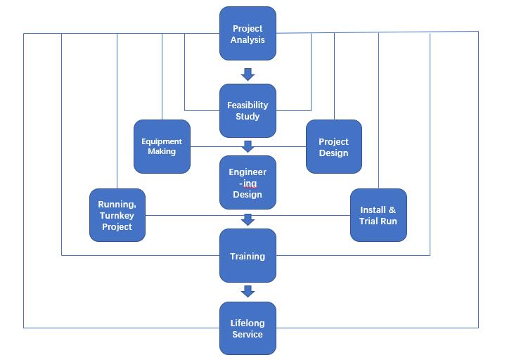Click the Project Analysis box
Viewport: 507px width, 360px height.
pyautogui.click(x=248, y=34)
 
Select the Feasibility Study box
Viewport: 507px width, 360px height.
pyautogui.click(x=248, y=111)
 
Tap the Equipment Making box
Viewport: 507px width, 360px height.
pyautogui.click(x=162, y=146)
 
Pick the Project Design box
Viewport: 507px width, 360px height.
pyautogui.click(x=333, y=146)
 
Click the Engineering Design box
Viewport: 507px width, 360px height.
pyautogui.click(x=248, y=183)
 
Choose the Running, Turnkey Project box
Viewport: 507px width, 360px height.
pyautogui.click(x=117, y=215)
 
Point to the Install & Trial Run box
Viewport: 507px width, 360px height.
pyautogui.click(x=378, y=215)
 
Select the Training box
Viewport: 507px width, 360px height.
pyautogui.click(x=248, y=256)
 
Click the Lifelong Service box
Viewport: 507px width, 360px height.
pyautogui.click(x=248, y=328)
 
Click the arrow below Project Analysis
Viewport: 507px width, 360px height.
pyautogui.click(x=247, y=73)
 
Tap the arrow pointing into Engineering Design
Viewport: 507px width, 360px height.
pyautogui.click(x=247, y=146)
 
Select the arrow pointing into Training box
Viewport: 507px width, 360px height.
pyautogui.click(x=247, y=220)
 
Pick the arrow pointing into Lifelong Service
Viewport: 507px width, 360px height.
pyautogui.click(x=247, y=291)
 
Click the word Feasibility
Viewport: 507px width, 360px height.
pyautogui.click(x=248, y=105)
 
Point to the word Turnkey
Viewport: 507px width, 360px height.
pyautogui.click(x=117, y=215)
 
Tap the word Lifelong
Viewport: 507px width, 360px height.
pyautogui.click(x=248, y=323)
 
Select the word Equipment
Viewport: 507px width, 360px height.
pyautogui.click(x=162, y=141)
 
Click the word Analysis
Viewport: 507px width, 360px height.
pyautogui.click(x=248, y=39)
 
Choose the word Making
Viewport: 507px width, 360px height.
pyautogui.click(x=162, y=151)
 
